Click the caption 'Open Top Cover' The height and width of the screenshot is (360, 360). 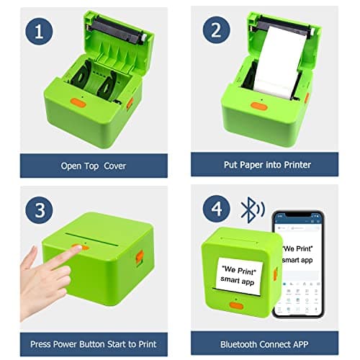point(94,166)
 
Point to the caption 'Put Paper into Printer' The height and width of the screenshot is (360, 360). point(267,166)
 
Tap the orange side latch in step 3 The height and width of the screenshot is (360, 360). point(140,257)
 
